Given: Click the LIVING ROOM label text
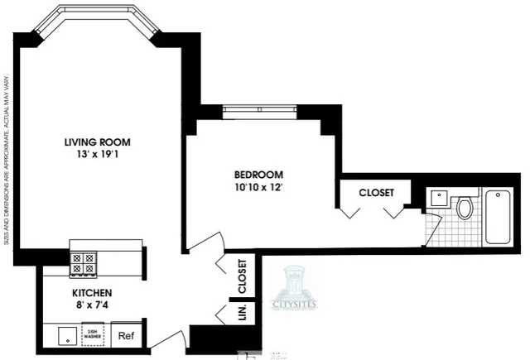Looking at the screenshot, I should coord(97,142).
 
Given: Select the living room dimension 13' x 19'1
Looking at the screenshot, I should coord(97,154).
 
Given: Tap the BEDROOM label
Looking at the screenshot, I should coord(258,175).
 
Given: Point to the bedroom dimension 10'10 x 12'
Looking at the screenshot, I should coord(258,187).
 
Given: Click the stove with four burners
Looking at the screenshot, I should coord(84,263).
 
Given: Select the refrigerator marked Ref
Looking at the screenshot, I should coord(126,336).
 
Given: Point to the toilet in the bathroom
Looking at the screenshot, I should coord(464,206).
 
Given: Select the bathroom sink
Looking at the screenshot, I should coord(439,198).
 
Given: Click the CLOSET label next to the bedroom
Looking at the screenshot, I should coord(375,192).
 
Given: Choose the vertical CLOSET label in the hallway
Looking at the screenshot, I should coord(242,277).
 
